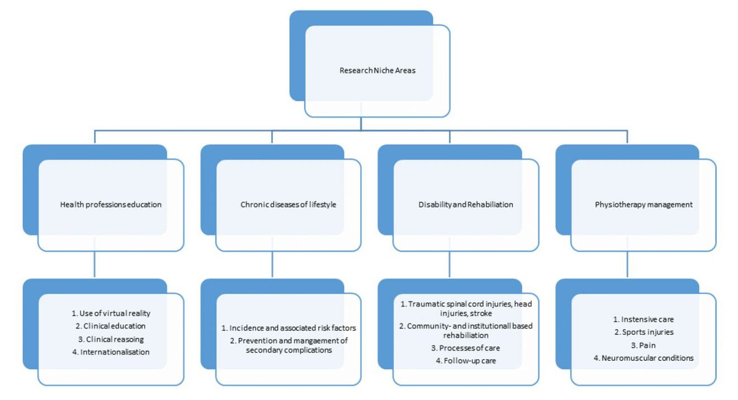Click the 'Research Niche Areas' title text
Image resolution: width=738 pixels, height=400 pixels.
click(377, 70)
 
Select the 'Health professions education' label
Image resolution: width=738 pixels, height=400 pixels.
click(111, 204)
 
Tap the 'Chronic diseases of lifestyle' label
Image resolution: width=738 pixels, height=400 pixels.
click(288, 204)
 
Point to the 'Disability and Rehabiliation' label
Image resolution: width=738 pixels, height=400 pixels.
click(466, 204)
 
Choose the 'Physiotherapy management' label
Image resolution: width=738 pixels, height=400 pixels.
click(644, 204)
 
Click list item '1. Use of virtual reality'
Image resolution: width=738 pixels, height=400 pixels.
click(111, 313)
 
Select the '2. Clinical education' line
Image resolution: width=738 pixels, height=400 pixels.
click(111, 326)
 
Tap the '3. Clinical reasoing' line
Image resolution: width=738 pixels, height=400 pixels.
click(111, 339)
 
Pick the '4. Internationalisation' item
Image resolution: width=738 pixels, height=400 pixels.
click(111, 352)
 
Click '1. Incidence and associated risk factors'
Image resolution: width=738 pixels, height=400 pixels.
click(288, 328)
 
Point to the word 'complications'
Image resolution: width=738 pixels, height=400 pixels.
click(309, 350)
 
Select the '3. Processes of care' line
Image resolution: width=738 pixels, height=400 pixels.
click(466, 348)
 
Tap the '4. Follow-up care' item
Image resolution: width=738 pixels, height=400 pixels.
click(466, 361)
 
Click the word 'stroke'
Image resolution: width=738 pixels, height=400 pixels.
click(481, 313)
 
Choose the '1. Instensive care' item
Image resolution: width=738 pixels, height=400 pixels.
click(644, 320)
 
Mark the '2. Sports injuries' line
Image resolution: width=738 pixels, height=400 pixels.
click(644, 332)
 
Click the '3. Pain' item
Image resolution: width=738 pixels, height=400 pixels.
click(644, 345)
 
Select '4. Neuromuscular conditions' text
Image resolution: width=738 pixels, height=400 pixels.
click(644, 358)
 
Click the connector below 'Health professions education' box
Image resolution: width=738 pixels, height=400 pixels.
click(94, 264)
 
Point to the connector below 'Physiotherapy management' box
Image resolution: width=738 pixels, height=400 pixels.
click(627, 264)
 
